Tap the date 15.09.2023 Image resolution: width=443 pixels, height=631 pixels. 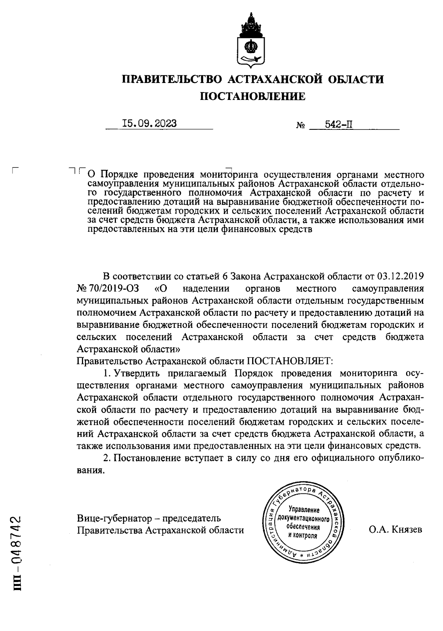pos(150,124)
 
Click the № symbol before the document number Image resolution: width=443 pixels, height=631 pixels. pos(300,126)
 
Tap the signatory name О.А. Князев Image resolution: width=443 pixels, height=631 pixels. pos(395,530)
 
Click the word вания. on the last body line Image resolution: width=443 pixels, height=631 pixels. pos(89,471)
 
